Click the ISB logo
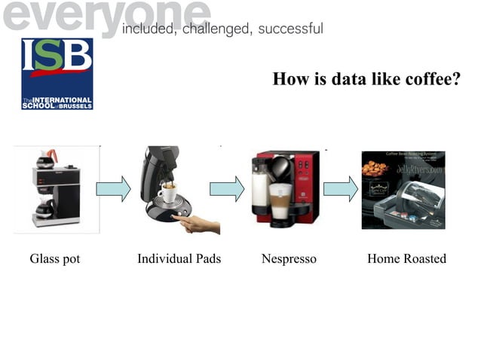coord(57,74)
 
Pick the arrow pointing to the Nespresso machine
coord(226,188)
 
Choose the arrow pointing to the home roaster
coord(341,188)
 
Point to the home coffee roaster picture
coord(403,190)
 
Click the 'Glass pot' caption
coord(55,259)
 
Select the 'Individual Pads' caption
coord(179,259)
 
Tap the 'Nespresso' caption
coord(289,259)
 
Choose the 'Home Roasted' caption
coord(406,259)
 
